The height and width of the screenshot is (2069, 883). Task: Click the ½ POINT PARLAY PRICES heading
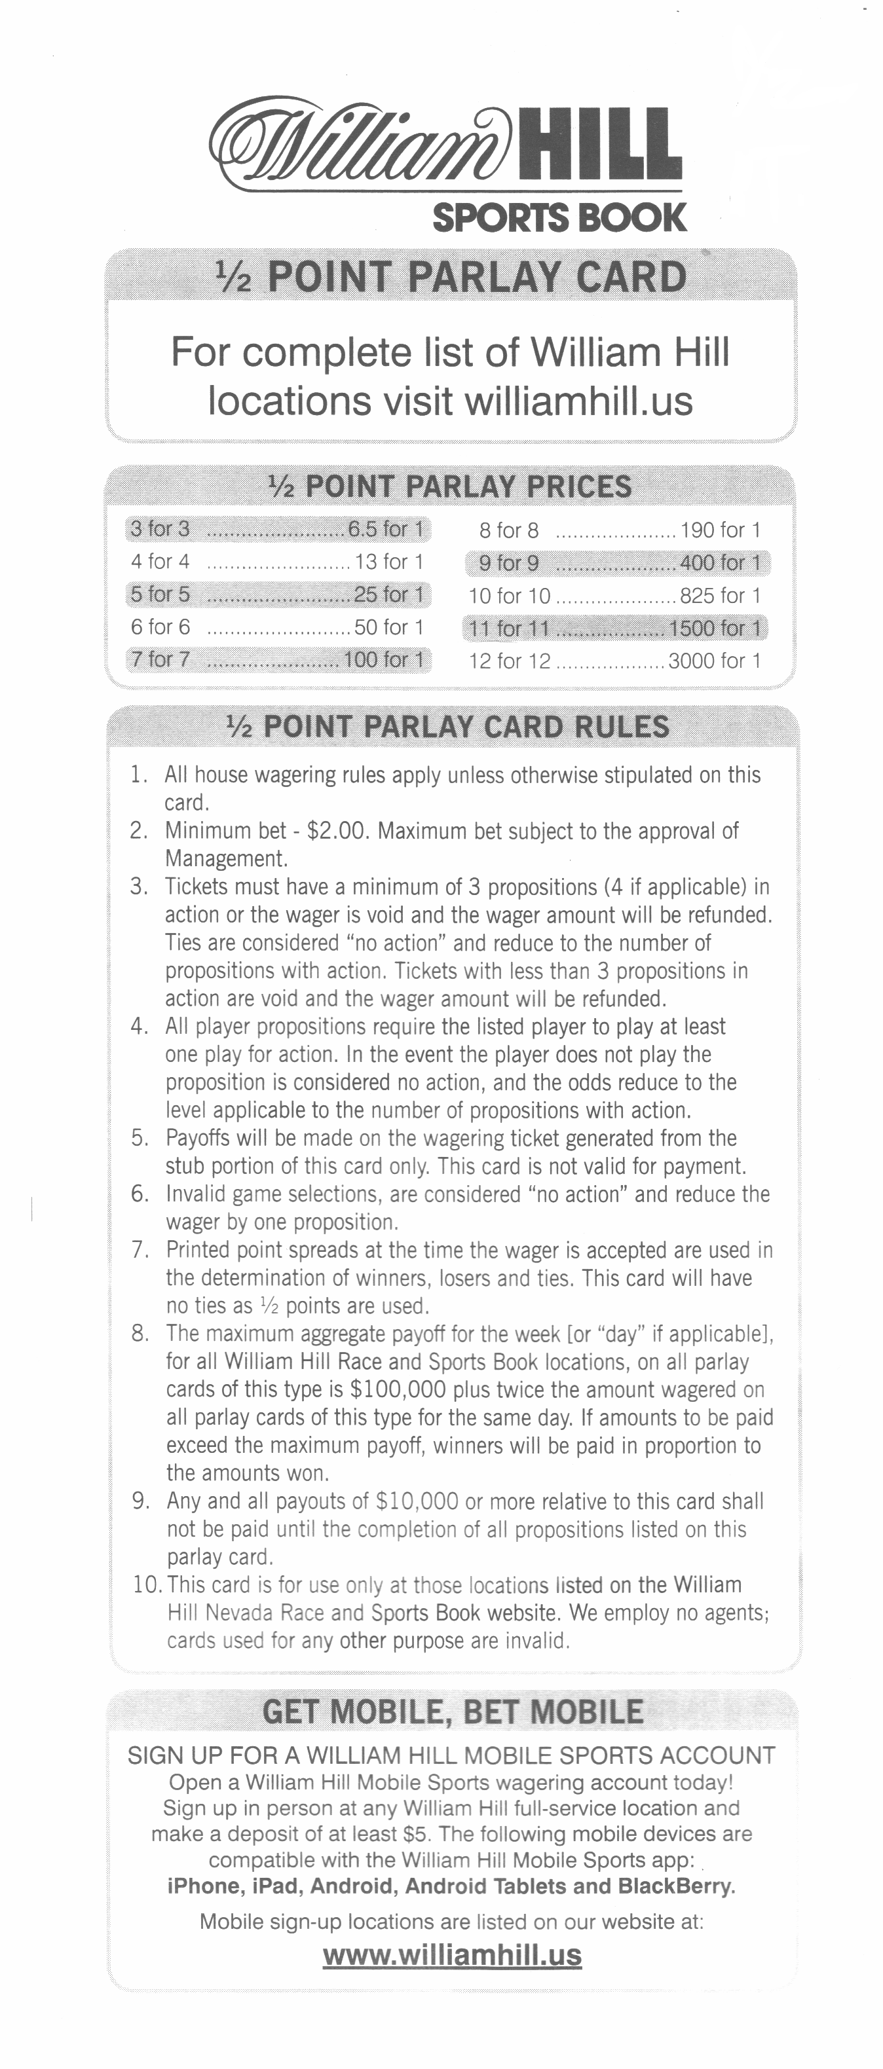pos(450,486)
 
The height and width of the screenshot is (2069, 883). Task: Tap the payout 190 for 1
pos(720,530)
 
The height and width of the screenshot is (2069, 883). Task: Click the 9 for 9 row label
pos(508,563)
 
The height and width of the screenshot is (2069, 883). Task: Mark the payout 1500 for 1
pos(714,628)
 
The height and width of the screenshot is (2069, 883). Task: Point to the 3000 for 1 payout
pos(714,661)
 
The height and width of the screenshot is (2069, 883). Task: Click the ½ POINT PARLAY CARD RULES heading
pos(449,727)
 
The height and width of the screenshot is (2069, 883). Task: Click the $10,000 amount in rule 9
pos(417,1501)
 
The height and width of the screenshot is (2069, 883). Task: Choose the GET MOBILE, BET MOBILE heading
pos(453,1712)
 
